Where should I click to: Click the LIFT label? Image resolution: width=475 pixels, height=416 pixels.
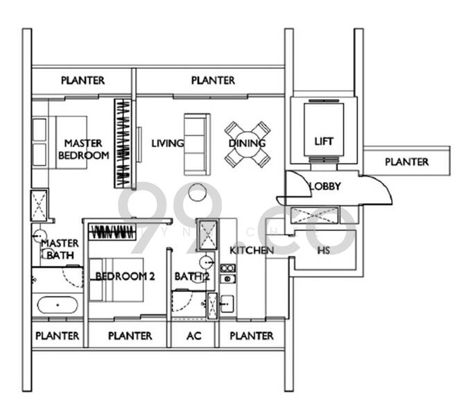pyautogui.click(x=323, y=141)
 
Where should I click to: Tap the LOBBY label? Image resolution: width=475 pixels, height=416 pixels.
pyautogui.click(x=325, y=186)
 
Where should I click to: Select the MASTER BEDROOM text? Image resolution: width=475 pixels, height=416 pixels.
pyautogui.click(x=83, y=150)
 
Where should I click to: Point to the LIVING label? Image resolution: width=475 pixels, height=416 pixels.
pyautogui.click(x=168, y=144)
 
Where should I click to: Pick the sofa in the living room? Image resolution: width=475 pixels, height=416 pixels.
pyautogui.click(x=196, y=144)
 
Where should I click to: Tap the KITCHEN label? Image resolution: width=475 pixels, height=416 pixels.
pyautogui.click(x=251, y=250)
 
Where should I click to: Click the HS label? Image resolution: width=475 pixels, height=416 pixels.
pyautogui.click(x=323, y=250)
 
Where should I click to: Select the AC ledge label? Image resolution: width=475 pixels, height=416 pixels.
pyautogui.click(x=195, y=336)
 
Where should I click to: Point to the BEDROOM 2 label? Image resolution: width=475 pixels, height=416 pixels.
pyautogui.click(x=125, y=276)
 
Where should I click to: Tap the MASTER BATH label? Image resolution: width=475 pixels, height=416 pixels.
pyautogui.click(x=60, y=250)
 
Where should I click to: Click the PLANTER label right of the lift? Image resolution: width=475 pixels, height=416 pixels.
pyautogui.click(x=407, y=162)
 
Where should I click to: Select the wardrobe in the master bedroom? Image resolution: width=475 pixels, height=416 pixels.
pyautogui.click(x=123, y=143)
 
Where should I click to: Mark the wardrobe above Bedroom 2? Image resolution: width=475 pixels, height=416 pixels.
pyautogui.click(x=112, y=232)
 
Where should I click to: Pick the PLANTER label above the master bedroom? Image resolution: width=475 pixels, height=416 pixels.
pyautogui.click(x=83, y=80)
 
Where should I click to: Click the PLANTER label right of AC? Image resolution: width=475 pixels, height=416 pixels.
pyautogui.click(x=251, y=336)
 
